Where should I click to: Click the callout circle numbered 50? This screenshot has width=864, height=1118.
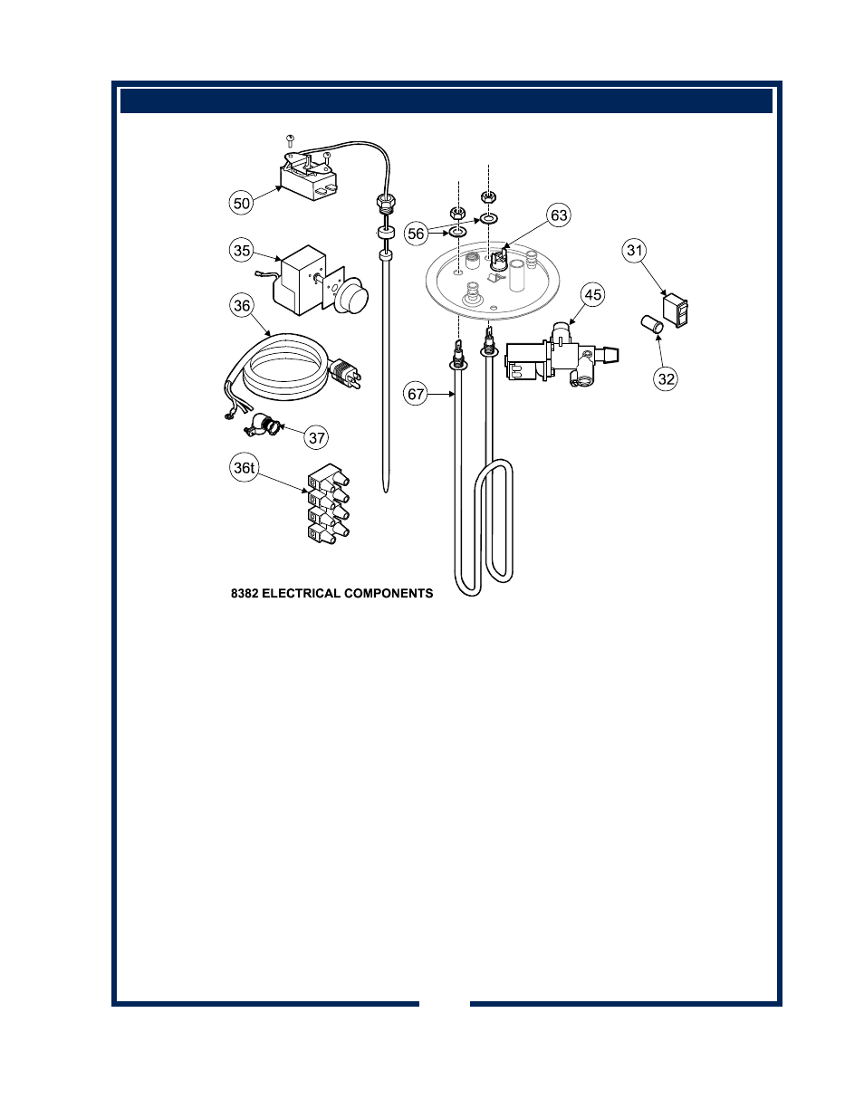(241, 203)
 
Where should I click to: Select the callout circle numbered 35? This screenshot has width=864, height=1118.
(241, 251)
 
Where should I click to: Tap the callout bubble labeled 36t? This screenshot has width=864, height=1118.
(244, 468)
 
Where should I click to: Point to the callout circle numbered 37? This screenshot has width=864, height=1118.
(316, 438)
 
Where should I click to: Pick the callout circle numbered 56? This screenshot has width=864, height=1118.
(416, 234)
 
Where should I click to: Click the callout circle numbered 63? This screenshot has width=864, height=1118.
(559, 215)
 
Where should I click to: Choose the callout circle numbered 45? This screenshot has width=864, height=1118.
(593, 295)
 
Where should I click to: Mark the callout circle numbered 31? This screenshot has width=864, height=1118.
(635, 251)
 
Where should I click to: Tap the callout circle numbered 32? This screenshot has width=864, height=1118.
(666, 379)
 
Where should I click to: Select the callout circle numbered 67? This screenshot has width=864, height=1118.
(416, 394)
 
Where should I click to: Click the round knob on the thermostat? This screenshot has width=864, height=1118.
(351, 295)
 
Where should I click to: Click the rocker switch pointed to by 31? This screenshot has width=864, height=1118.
(676, 310)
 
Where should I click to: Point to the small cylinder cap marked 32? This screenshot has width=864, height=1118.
(652, 325)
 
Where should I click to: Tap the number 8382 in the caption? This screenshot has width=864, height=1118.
(245, 594)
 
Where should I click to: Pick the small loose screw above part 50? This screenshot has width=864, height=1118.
(290, 140)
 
